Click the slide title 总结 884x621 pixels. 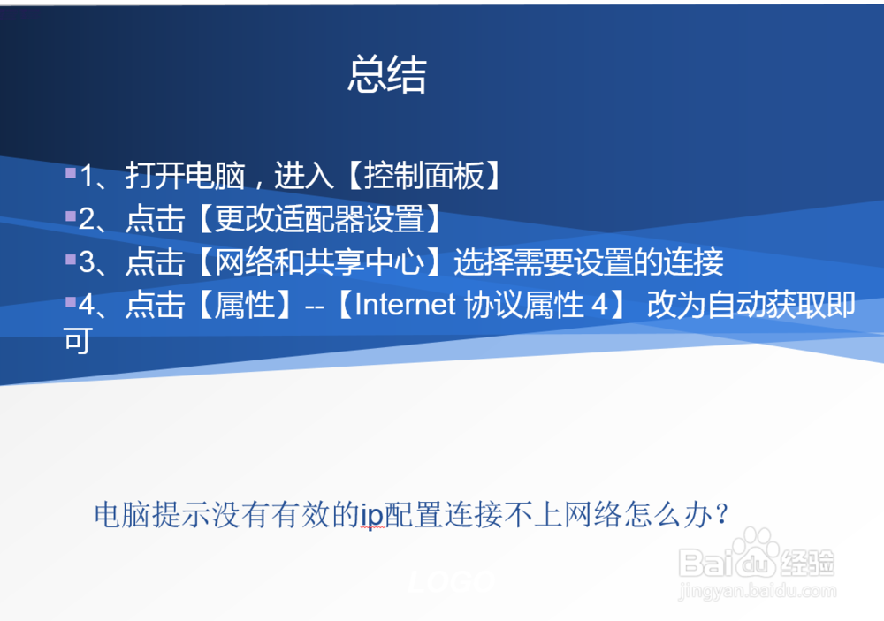pos(387,74)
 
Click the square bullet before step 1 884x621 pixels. pos(71,172)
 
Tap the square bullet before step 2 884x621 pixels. pos(71,216)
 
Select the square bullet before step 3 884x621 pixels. pos(71,259)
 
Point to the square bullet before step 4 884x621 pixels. pos(71,302)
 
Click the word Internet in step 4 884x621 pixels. pos(405,305)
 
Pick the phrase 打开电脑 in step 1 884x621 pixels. pos(185,175)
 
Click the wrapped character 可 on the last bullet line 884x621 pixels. pos(77,340)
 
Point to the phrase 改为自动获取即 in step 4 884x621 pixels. pos(751,305)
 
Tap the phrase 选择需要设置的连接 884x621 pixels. pos(589,261)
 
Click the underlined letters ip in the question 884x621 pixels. pos(372,515)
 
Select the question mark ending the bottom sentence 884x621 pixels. pos(721,514)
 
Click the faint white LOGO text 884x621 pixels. pos(452,581)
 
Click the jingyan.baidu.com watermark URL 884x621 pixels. pos(758,591)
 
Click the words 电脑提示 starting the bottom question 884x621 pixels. pos(152,514)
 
